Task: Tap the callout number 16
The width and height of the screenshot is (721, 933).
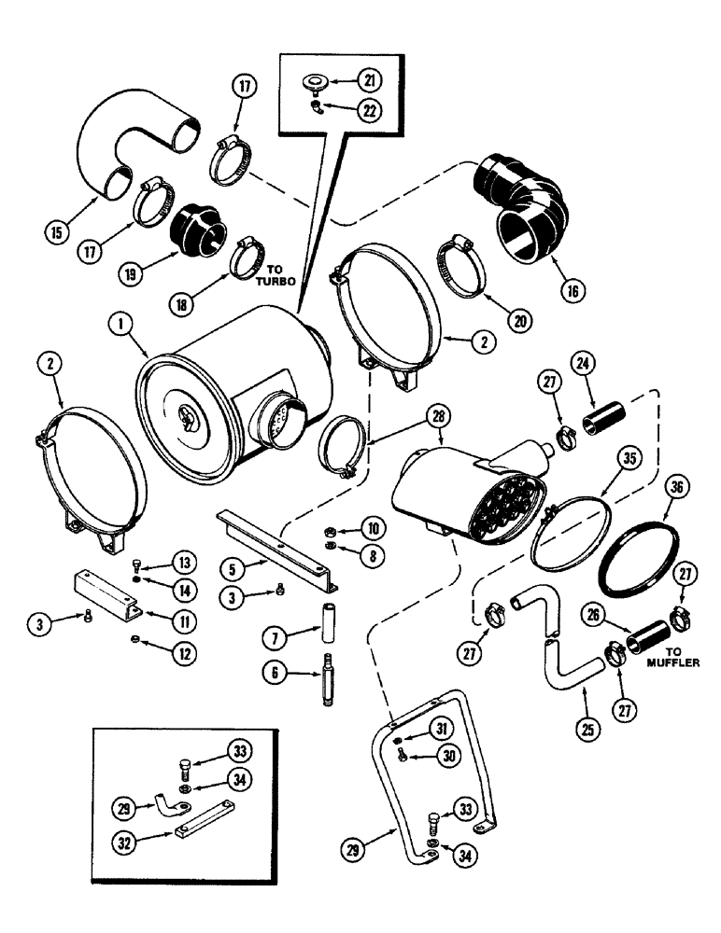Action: [x=573, y=290]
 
